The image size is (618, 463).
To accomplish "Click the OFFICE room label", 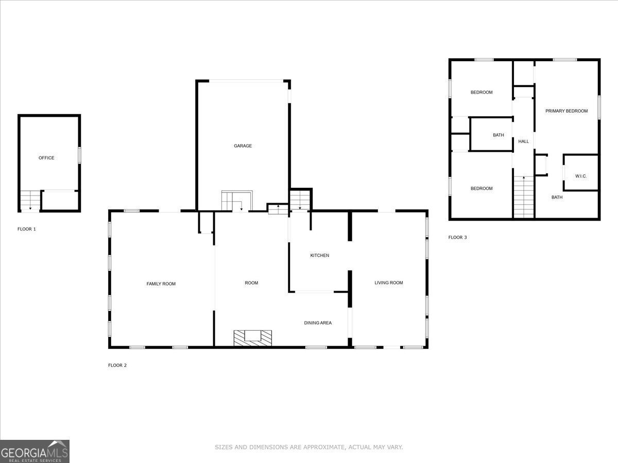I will tap(46, 158).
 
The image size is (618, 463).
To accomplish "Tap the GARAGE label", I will tap(243, 146).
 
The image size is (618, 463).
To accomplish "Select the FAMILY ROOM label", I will tap(161, 284).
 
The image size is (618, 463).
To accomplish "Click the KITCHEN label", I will tap(319, 256).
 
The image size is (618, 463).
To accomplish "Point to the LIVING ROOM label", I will tap(389, 283).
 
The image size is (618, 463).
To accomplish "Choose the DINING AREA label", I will tap(318, 323).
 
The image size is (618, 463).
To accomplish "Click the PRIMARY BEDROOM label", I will tap(566, 111).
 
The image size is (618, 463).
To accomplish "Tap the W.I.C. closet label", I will tap(581, 176).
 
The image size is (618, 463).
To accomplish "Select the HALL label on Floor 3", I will tap(524, 141).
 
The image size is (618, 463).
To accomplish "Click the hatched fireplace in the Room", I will tap(252, 337).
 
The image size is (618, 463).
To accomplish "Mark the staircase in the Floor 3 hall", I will tap(524, 197).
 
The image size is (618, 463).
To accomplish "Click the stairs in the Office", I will tap(30, 200).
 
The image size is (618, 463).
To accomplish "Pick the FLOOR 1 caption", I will tap(27, 229).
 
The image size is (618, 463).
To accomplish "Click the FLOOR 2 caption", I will tap(117, 365).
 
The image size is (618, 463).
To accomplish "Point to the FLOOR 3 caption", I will tap(458, 238).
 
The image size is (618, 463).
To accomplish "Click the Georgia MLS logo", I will tap(35, 451).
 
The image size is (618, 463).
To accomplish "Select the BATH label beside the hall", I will tap(499, 135).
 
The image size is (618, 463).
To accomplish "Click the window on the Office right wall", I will tap(79, 155).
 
